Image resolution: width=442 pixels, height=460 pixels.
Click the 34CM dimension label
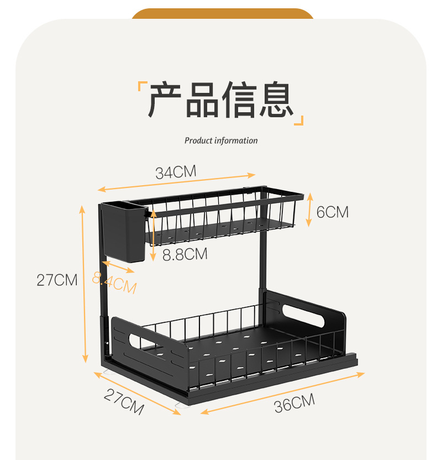(176, 172)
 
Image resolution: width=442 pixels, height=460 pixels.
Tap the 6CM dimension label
(333, 212)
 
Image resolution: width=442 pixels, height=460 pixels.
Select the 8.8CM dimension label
(185, 254)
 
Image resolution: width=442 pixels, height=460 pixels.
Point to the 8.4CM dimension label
(114, 284)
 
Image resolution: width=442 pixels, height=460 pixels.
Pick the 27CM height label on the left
(57, 280)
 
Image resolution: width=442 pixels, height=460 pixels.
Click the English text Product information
(221, 140)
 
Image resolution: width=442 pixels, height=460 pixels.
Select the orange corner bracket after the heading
(299, 120)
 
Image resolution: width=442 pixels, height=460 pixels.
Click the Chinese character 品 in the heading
(202, 100)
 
